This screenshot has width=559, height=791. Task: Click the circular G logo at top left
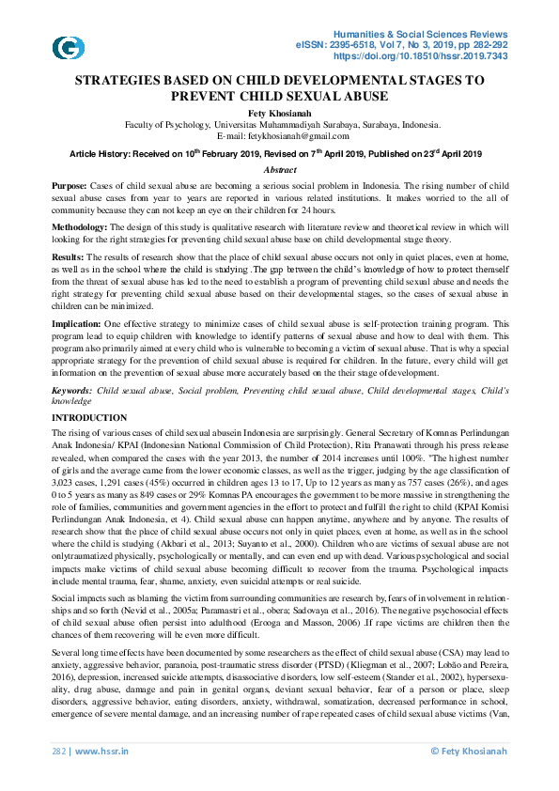68,48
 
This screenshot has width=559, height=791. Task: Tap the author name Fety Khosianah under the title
279,112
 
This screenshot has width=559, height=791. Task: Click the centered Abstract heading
279,169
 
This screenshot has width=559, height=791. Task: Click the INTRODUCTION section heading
89,417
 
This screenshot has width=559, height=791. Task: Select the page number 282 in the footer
59,751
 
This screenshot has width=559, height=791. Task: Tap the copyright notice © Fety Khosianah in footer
469,751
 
